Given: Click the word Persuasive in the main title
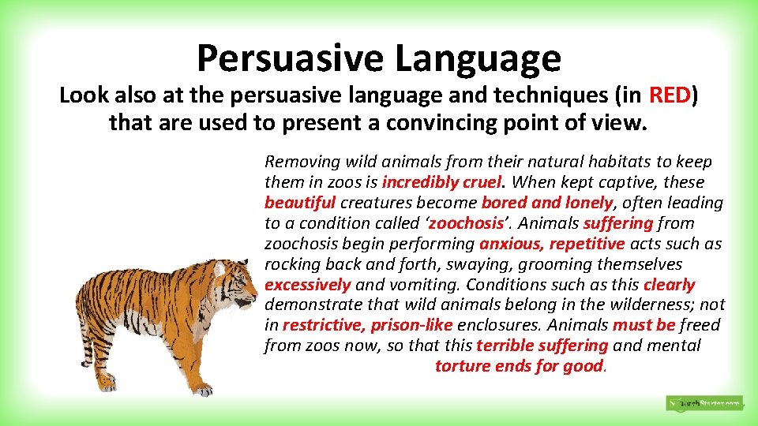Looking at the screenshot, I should (290, 58).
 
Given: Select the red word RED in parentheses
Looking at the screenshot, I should (670, 95).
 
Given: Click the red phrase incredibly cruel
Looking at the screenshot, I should (441, 182).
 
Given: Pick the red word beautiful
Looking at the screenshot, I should (300, 203).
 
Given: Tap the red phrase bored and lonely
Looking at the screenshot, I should (547, 203).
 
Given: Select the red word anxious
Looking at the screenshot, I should (512, 244).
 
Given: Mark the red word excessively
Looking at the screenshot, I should (308, 285).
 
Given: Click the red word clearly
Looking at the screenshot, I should (670, 285).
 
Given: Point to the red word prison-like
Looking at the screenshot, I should (411, 325).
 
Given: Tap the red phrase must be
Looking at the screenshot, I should (644, 325).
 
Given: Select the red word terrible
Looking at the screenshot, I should (505, 346).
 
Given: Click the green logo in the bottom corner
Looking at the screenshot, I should (704, 403).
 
